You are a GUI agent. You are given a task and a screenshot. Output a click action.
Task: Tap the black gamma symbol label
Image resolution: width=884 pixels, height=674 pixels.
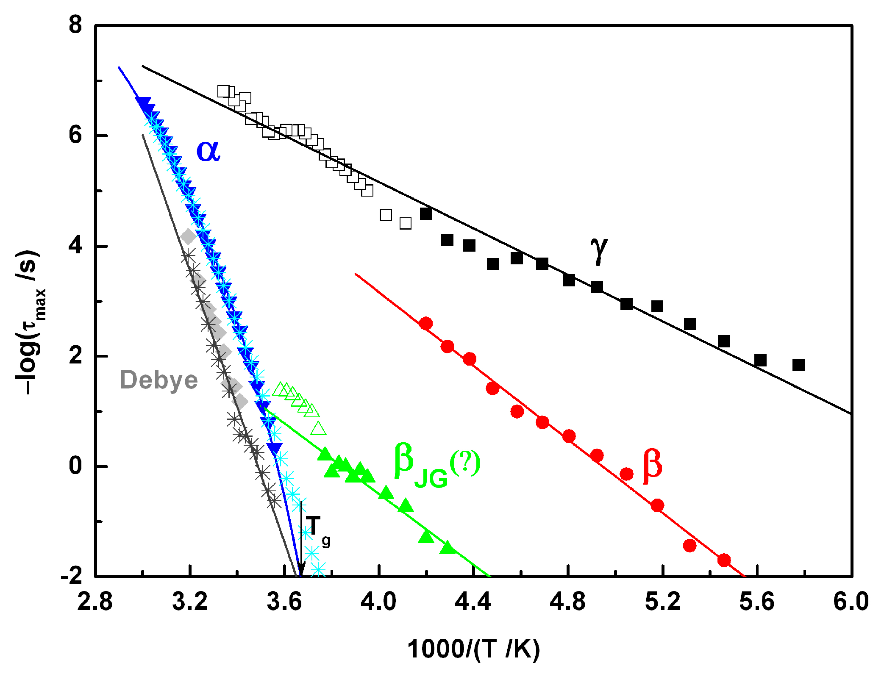pos(598,250)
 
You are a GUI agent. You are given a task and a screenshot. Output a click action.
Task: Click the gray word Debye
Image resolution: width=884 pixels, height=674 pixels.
pos(159,380)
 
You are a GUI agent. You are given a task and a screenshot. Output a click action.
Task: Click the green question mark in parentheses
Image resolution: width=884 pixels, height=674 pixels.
pos(465,463)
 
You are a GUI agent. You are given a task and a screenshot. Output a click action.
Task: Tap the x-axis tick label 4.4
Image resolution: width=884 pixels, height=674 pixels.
pos(473,602)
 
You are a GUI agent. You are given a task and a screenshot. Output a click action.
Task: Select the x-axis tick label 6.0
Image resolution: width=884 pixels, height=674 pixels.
pos(851,602)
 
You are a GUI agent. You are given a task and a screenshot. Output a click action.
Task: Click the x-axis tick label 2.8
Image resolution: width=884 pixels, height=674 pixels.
pos(95,602)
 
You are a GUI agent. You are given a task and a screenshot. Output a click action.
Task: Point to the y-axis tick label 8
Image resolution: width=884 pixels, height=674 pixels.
pos(75,25)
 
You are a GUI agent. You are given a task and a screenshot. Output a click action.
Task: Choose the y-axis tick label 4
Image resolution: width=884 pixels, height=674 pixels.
pos(75,245)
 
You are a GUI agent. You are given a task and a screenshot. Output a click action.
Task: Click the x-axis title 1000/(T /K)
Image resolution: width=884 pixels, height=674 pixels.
pos(473,649)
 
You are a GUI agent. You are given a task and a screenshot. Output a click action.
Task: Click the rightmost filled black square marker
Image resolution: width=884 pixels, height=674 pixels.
pos(798,365)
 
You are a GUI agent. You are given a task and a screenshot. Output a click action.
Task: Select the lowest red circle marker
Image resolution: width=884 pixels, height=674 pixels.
pos(724,560)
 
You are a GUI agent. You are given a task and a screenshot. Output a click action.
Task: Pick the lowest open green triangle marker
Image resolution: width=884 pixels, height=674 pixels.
pos(318,429)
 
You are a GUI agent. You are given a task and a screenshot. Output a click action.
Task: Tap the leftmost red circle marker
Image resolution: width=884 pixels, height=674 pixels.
pos(425,324)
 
